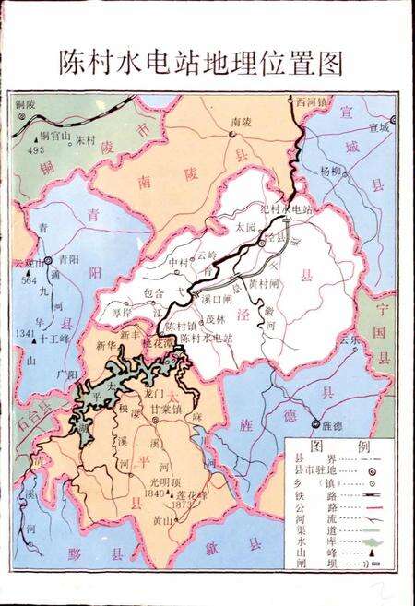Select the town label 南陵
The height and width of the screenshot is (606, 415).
point(241,122)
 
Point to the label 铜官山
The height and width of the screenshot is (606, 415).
point(41,136)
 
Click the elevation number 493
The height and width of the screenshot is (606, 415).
point(36,148)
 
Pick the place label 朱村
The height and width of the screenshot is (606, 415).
point(85,140)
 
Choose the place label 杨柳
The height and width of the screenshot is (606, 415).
point(330,171)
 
